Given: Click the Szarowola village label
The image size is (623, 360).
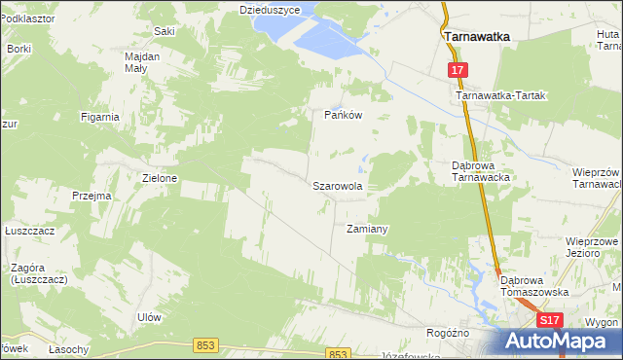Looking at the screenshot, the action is tap(338, 185).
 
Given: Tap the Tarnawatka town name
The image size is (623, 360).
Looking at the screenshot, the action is tap(478, 36).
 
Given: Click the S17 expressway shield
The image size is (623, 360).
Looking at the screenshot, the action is tap(550, 320).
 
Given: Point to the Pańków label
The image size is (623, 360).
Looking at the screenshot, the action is tap(343, 114).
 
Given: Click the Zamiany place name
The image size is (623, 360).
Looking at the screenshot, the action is tap(368, 230).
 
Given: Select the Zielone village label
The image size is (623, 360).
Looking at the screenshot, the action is tap(160, 179).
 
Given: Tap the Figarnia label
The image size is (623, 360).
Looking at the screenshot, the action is tap(101, 117).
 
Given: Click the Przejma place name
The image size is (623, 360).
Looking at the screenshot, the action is tap(92, 196).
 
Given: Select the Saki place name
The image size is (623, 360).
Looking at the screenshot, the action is tap(164, 31).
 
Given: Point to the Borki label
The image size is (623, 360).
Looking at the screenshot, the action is tap(19, 48).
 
